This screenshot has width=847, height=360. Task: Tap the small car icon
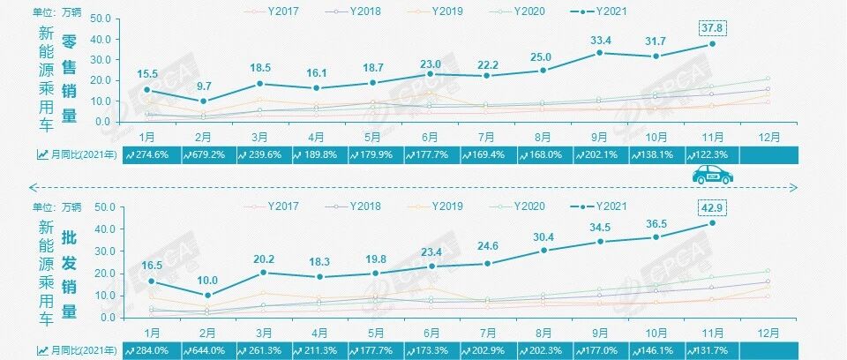pos(713,176)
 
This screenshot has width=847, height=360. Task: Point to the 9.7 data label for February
pos(204,86)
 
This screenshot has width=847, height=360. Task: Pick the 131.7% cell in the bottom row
pos(713,349)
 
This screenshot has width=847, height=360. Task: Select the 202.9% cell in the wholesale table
pos(487,349)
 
